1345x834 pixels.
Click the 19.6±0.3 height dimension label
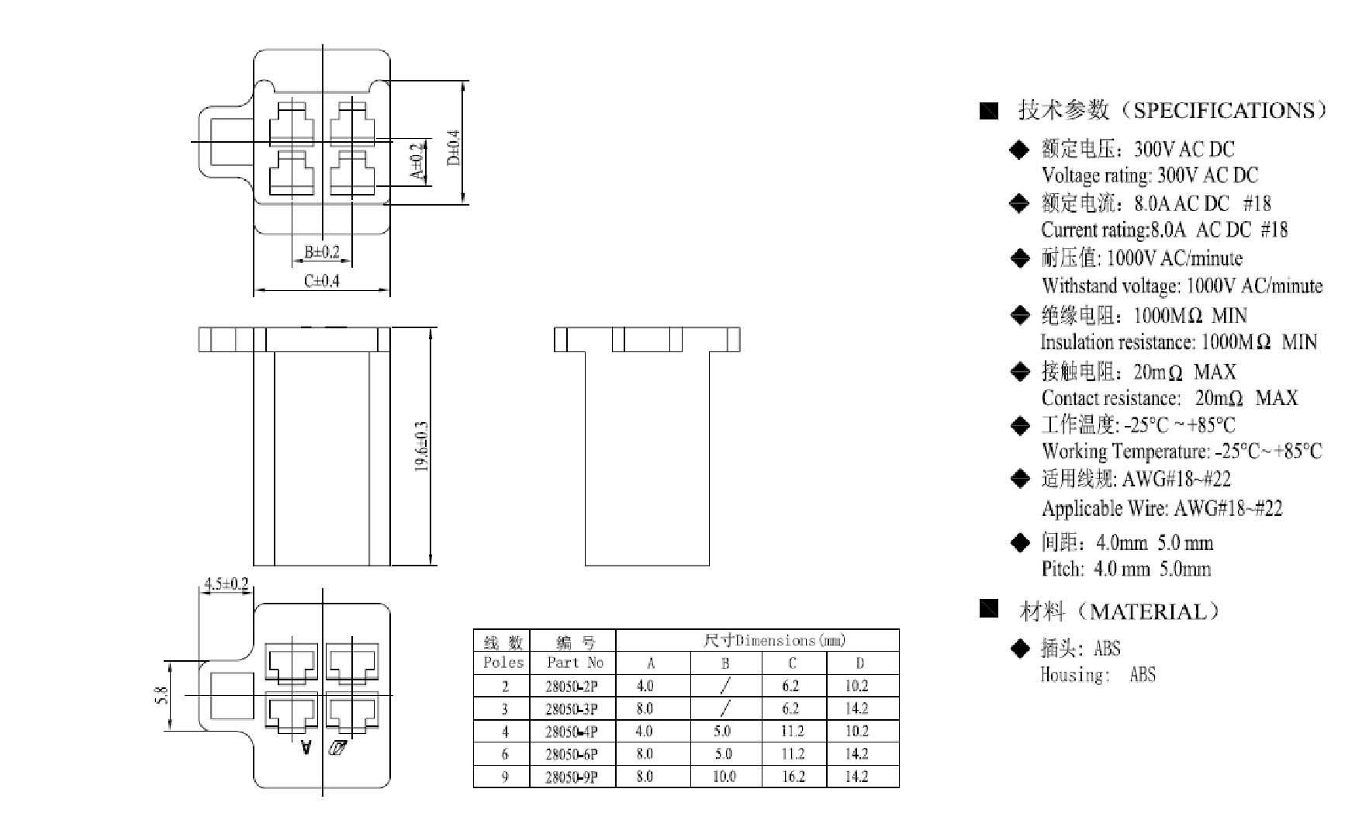pyautogui.click(x=421, y=447)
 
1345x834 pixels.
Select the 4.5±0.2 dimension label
pyautogui.click(x=226, y=583)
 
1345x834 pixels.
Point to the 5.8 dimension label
pyautogui.click(x=161, y=695)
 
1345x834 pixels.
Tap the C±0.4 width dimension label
pyautogui.click(x=322, y=281)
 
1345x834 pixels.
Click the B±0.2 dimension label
pyautogui.click(x=322, y=252)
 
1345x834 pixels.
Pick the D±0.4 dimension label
pyautogui.click(x=454, y=147)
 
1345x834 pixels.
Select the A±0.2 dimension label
pyautogui.click(x=417, y=161)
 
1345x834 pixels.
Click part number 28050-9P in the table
pyautogui.click(x=572, y=777)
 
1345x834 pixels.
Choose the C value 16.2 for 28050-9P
pyautogui.click(x=792, y=777)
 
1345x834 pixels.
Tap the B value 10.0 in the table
pyautogui.click(x=724, y=777)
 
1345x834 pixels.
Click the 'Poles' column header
pyautogui.click(x=503, y=663)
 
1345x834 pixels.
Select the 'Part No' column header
pyautogui.click(x=575, y=663)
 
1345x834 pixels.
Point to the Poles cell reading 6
pyautogui.click(x=505, y=754)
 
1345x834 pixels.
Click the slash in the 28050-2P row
pyautogui.click(x=725, y=686)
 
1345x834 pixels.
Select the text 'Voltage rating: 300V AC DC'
pyautogui.click(x=1150, y=175)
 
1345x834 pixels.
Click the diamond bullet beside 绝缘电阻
pyautogui.click(x=1020, y=315)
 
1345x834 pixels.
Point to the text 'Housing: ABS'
pyautogui.click(x=1098, y=675)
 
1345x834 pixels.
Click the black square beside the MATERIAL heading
pyautogui.click(x=989, y=608)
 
